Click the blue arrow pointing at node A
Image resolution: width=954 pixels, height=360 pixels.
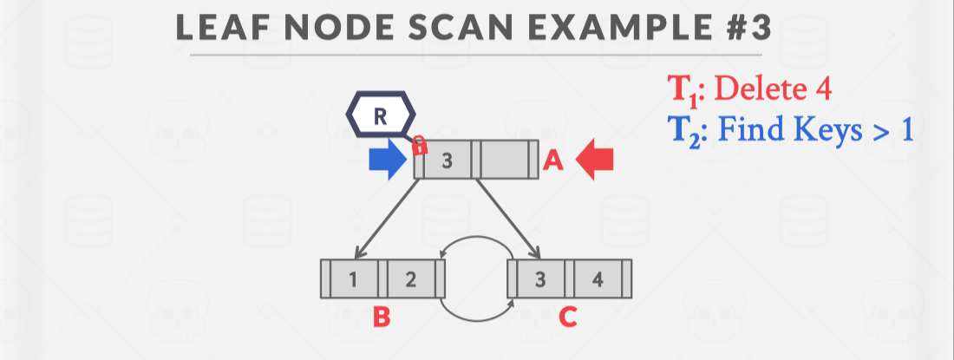pos(387,161)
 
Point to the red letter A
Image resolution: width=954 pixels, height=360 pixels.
pos(553,161)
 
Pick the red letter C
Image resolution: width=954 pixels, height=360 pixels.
pos(568,318)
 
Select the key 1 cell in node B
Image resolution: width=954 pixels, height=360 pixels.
pos(353,279)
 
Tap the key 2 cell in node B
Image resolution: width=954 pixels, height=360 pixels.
pos(411,279)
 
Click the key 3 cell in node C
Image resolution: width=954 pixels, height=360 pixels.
pos(539,279)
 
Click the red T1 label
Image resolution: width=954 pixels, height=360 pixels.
pos(683,90)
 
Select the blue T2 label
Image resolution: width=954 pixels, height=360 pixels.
pos(684,134)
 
